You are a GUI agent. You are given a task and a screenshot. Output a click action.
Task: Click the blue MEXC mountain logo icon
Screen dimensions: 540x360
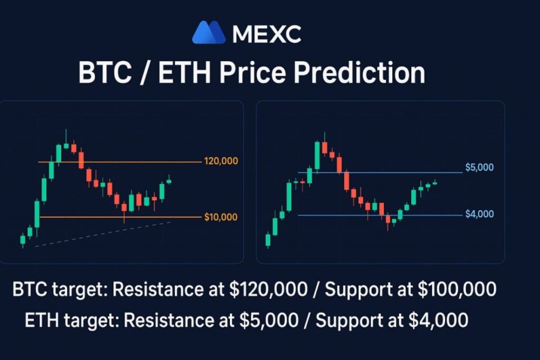(x=209, y=32)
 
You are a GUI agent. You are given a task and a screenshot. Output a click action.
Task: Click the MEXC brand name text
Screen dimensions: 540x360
(x=267, y=34)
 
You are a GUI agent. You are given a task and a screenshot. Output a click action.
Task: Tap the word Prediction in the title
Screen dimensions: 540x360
(x=359, y=73)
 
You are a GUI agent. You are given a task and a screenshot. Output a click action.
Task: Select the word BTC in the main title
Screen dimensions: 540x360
(x=105, y=73)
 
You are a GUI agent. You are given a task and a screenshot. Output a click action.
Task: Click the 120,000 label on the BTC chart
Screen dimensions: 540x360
(x=221, y=161)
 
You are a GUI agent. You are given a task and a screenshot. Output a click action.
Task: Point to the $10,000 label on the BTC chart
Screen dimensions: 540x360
(x=221, y=217)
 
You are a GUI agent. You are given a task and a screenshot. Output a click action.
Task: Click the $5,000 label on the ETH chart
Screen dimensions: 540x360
(x=479, y=167)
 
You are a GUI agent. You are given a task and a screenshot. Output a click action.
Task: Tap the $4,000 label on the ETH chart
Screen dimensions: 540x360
(x=479, y=214)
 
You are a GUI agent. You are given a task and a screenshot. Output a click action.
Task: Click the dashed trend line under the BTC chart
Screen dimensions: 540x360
(x=103, y=235)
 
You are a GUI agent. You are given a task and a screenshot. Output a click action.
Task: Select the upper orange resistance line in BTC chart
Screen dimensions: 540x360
(x=120, y=162)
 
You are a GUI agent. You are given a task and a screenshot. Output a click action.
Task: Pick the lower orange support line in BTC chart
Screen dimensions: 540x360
(x=120, y=217)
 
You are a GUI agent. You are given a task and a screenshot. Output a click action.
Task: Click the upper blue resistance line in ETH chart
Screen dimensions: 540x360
(x=380, y=172)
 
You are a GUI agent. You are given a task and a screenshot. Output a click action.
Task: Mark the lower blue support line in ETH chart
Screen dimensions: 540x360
(x=380, y=216)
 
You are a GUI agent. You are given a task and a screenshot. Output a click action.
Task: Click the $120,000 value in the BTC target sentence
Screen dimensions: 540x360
(x=268, y=289)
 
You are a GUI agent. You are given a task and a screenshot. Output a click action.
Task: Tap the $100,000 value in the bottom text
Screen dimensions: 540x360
(x=457, y=289)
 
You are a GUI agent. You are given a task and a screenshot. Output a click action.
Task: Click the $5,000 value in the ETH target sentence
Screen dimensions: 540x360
(x=269, y=320)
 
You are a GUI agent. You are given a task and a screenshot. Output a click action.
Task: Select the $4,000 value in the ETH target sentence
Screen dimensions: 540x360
(x=438, y=320)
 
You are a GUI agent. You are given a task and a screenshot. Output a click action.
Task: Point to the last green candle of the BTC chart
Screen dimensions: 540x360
(x=169, y=181)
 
